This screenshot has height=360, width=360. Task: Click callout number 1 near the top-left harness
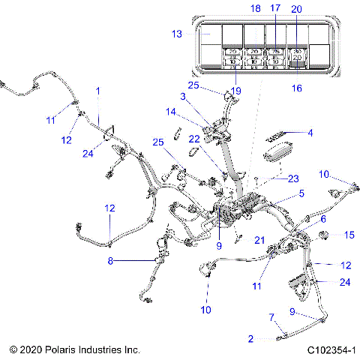[x=97, y=90]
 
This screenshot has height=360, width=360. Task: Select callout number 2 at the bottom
[x=251, y=339]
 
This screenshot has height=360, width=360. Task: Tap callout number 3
[x=182, y=96]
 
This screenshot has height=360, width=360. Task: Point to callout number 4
[x=308, y=133]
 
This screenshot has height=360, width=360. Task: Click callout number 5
[x=301, y=193]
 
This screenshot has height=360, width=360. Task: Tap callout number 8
[x=111, y=261]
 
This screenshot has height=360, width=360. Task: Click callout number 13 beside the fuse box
[x=177, y=34]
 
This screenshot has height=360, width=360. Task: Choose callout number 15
[x=347, y=235]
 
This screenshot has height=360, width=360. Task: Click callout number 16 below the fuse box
[x=298, y=88]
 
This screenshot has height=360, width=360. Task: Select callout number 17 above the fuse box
[x=275, y=8]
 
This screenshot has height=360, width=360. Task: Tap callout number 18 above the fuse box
[x=255, y=8]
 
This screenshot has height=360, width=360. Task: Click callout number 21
[x=259, y=239]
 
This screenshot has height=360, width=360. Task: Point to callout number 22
[x=193, y=138]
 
